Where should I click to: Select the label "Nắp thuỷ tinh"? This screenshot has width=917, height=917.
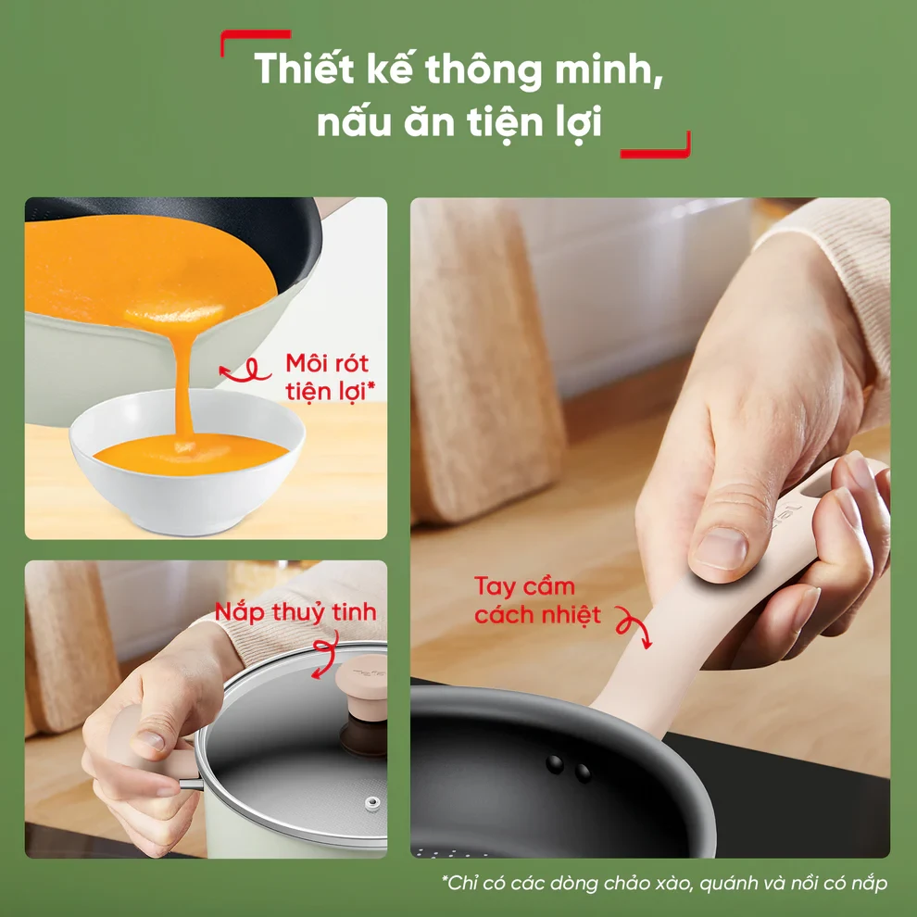(295, 611)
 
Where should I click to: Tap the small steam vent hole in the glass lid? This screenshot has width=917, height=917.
(371, 803)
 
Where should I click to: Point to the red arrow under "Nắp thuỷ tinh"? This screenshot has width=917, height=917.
(325, 654)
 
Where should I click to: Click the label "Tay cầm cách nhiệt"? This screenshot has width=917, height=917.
(537, 600)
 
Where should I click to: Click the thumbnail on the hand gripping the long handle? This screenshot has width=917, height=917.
(720, 548)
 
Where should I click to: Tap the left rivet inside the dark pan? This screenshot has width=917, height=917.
(555, 763)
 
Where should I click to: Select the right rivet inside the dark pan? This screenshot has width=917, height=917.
(582, 772)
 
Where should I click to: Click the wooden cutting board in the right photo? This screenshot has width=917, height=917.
(485, 362)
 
